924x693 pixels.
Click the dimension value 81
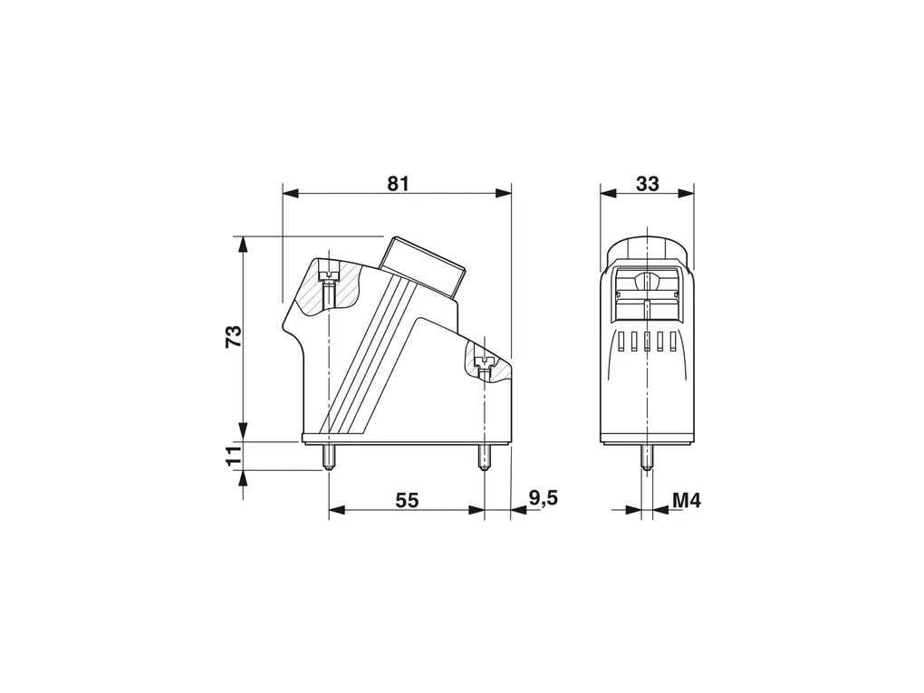click(x=398, y=184)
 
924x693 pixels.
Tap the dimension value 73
click(x=234, y=336)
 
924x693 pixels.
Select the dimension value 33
click(x=647, y=184)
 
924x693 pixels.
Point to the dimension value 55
click(x=407, y=500)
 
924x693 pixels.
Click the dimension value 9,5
click(x=543, y=498)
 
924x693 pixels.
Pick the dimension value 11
click(x=234, y=456)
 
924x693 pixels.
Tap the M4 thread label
click(x=687, y=501)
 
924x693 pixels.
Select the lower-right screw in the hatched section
click(x=485, y=369)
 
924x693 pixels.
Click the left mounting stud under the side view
click(x=328, y=457)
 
